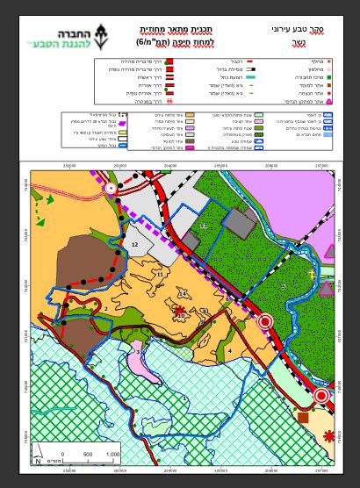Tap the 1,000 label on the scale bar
click(x=112, y=454)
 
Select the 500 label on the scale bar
click(x=87, y=454)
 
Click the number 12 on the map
click(x=134, y=244)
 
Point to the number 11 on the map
click(x=160, y=274)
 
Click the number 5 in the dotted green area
click(x=283, y=286)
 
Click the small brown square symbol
click(x=303, y=417)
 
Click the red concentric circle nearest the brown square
click(x=321, y=397)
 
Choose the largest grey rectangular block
click(x=239, y=226)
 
